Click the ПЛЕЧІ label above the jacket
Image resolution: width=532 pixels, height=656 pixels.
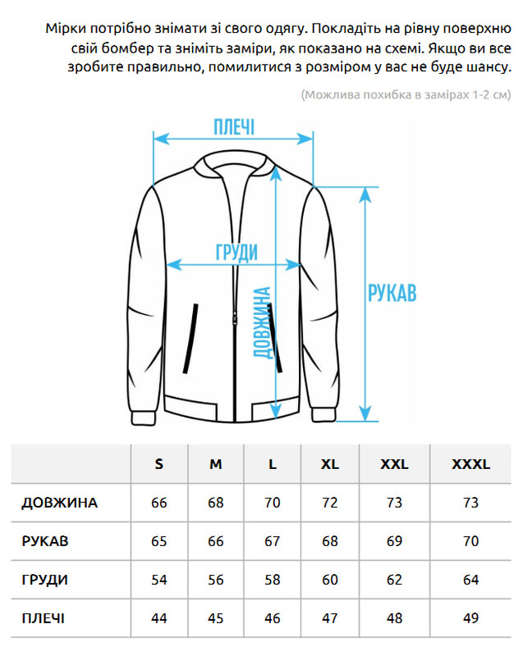(x=233, y=128)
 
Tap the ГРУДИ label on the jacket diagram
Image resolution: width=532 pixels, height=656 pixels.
(x=236, y=252)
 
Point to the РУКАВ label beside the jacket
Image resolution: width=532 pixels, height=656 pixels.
(x=392, y=294)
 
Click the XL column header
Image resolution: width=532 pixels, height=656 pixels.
(x=330, y=464)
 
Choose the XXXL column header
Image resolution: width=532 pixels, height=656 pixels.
(x=470, y=464)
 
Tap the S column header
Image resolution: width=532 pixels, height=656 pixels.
(x=159, y=464)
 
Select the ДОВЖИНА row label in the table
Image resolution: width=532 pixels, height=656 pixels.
(x=59, y=503)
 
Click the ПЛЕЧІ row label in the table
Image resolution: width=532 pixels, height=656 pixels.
(x=44, y=618)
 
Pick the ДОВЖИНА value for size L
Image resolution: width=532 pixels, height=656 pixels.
(x=273, y=503)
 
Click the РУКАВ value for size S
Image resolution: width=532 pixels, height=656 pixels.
(x=159, y=541)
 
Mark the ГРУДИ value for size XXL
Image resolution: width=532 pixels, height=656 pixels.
(x=394, y=580)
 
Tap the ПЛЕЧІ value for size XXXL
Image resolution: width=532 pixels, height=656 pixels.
(x=470, y=618)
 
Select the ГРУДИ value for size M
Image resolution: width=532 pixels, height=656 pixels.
(x=216, y=580)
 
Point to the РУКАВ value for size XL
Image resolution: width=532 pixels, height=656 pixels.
(x=330, y=541)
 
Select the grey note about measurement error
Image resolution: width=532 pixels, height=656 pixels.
(x=406, y=94)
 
